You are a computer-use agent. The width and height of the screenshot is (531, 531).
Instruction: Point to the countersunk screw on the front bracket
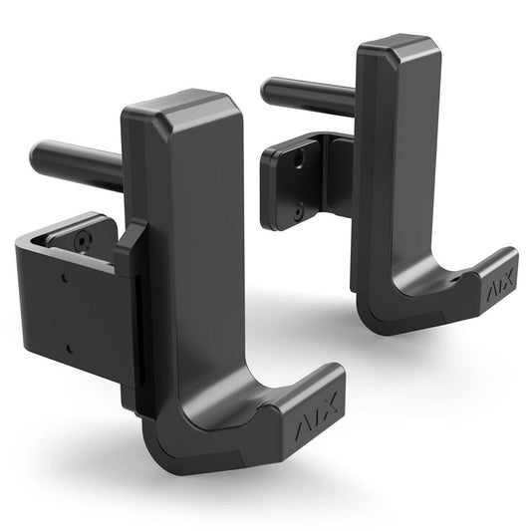83,239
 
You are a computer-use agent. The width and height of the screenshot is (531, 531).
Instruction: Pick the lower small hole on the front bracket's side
68,348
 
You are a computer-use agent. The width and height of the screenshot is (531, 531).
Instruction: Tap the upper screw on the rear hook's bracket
298,158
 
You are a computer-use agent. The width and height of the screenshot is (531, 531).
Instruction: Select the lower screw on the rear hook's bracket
298,211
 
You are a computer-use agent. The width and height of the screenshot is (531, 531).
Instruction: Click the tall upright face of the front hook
194,259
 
